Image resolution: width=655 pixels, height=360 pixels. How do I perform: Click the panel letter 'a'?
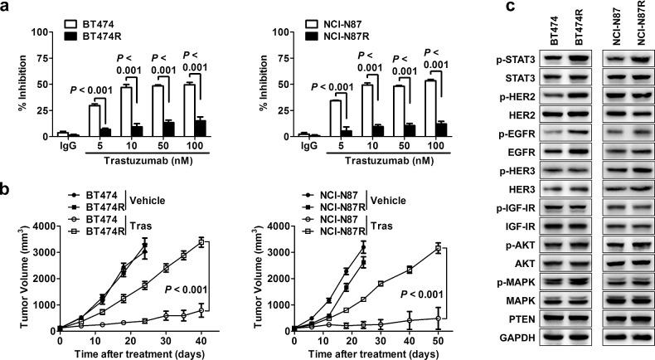[6, 8]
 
